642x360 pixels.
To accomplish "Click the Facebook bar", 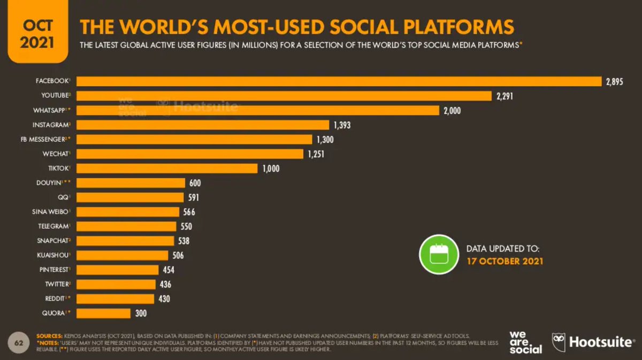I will pos(340,81).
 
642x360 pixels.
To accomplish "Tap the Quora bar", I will pos(104,313).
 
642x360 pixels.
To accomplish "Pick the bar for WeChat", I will pos(190,154).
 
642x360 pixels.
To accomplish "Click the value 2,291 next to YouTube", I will pos(507,96).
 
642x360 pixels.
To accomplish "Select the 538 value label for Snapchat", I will pos(184,241).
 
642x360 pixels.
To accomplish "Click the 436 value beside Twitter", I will pos(165,284).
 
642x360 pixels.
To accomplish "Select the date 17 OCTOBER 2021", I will pos(505,262).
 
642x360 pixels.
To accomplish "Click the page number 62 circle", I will pos(18,342).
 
